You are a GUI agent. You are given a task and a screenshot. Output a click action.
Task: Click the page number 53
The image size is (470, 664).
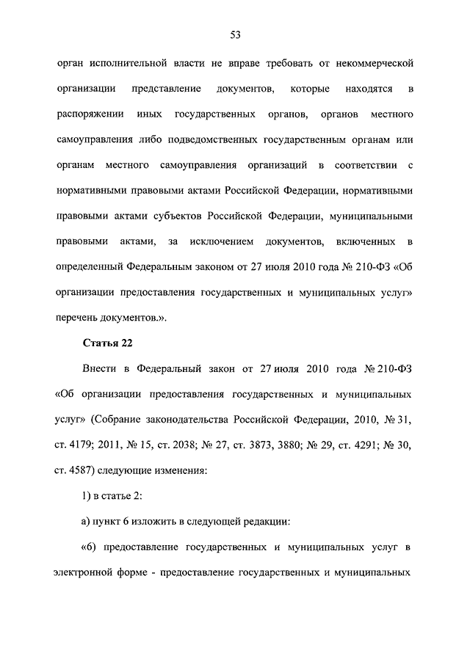(236, 34)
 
